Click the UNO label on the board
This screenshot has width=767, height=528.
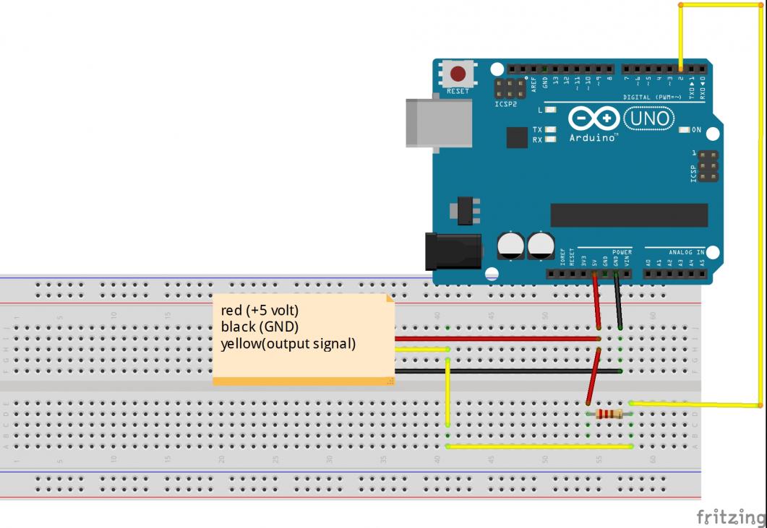(648, 117)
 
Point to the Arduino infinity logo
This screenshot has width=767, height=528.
(594, 118)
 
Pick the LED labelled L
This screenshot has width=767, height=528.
(550, 110)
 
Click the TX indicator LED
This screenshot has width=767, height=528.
(550, 129)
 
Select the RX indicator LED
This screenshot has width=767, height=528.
(550, 139)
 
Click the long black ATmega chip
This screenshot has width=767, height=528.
(629, 215)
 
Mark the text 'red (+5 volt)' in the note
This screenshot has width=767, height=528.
(260, 311)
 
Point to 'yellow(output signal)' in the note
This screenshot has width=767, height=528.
(288, 344)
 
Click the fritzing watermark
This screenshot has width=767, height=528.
(730, 517)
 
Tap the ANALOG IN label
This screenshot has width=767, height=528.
(686, 253)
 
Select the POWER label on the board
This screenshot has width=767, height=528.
(622, 253)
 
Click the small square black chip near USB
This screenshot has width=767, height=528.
(517, 137)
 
